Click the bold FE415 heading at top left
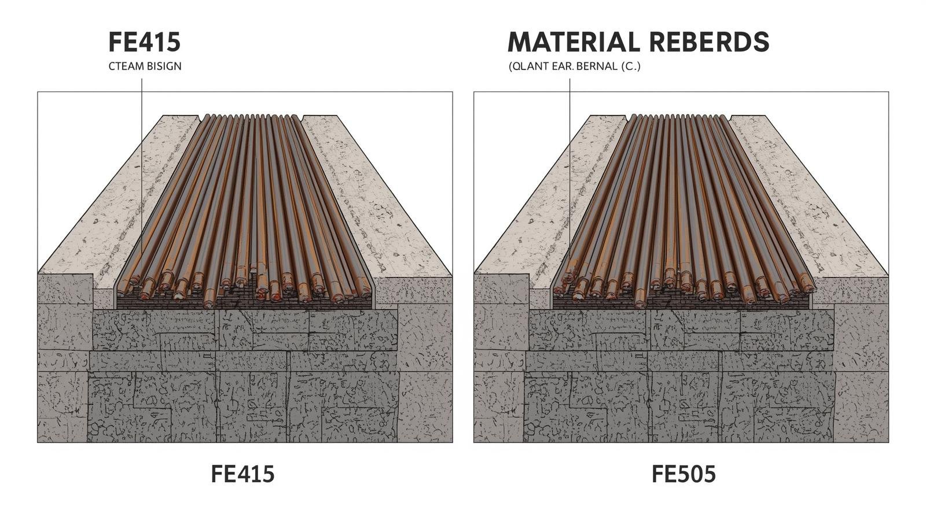pos(144,42)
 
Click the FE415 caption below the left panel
pos(242,474)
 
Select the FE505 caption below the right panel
pos(684,474)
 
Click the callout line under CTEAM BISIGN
pos(141,173)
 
